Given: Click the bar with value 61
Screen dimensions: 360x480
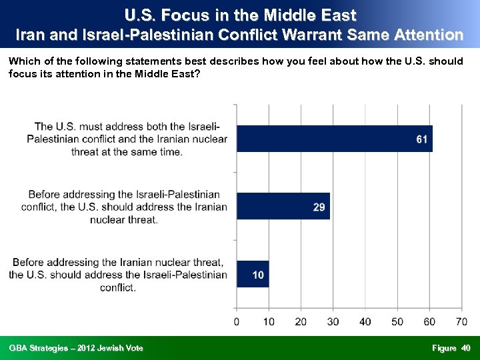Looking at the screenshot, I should [x=333, y=139].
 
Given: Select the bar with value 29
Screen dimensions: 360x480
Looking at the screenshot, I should [x=283, y=207].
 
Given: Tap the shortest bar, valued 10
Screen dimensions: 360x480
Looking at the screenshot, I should [x=253, y=274].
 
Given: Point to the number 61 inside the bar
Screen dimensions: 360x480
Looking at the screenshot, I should [x=421, y=139].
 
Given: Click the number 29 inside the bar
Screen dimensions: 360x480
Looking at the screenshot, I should [x=319, y=207].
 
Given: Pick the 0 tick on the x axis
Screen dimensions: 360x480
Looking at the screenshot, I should [x=237, y=322].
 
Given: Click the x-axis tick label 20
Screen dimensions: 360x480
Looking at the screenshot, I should [x=301, y=322].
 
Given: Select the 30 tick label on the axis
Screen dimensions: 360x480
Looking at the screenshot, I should [x=333, y=322].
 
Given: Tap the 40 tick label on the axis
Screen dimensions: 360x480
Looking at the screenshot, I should [x=365, y=322].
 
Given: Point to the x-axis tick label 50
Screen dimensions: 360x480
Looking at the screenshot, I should [x=397, y=322].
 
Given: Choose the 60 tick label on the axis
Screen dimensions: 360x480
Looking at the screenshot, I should [x=429, y=322].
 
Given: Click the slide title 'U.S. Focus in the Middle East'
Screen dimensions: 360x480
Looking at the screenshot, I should [x=240, y=15].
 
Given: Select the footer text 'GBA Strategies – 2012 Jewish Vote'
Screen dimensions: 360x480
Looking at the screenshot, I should [x=76, y=348].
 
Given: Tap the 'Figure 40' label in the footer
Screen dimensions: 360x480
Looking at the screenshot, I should [x=451, y=348].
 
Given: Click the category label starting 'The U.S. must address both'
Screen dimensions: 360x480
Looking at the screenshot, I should [x=127, y=139].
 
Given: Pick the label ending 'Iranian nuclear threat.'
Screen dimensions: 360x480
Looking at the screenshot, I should [x=124, y=207].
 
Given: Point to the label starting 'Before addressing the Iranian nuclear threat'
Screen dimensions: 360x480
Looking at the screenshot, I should [x=118, y=275].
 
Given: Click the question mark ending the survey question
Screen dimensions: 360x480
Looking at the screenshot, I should [x=197, y=73].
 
